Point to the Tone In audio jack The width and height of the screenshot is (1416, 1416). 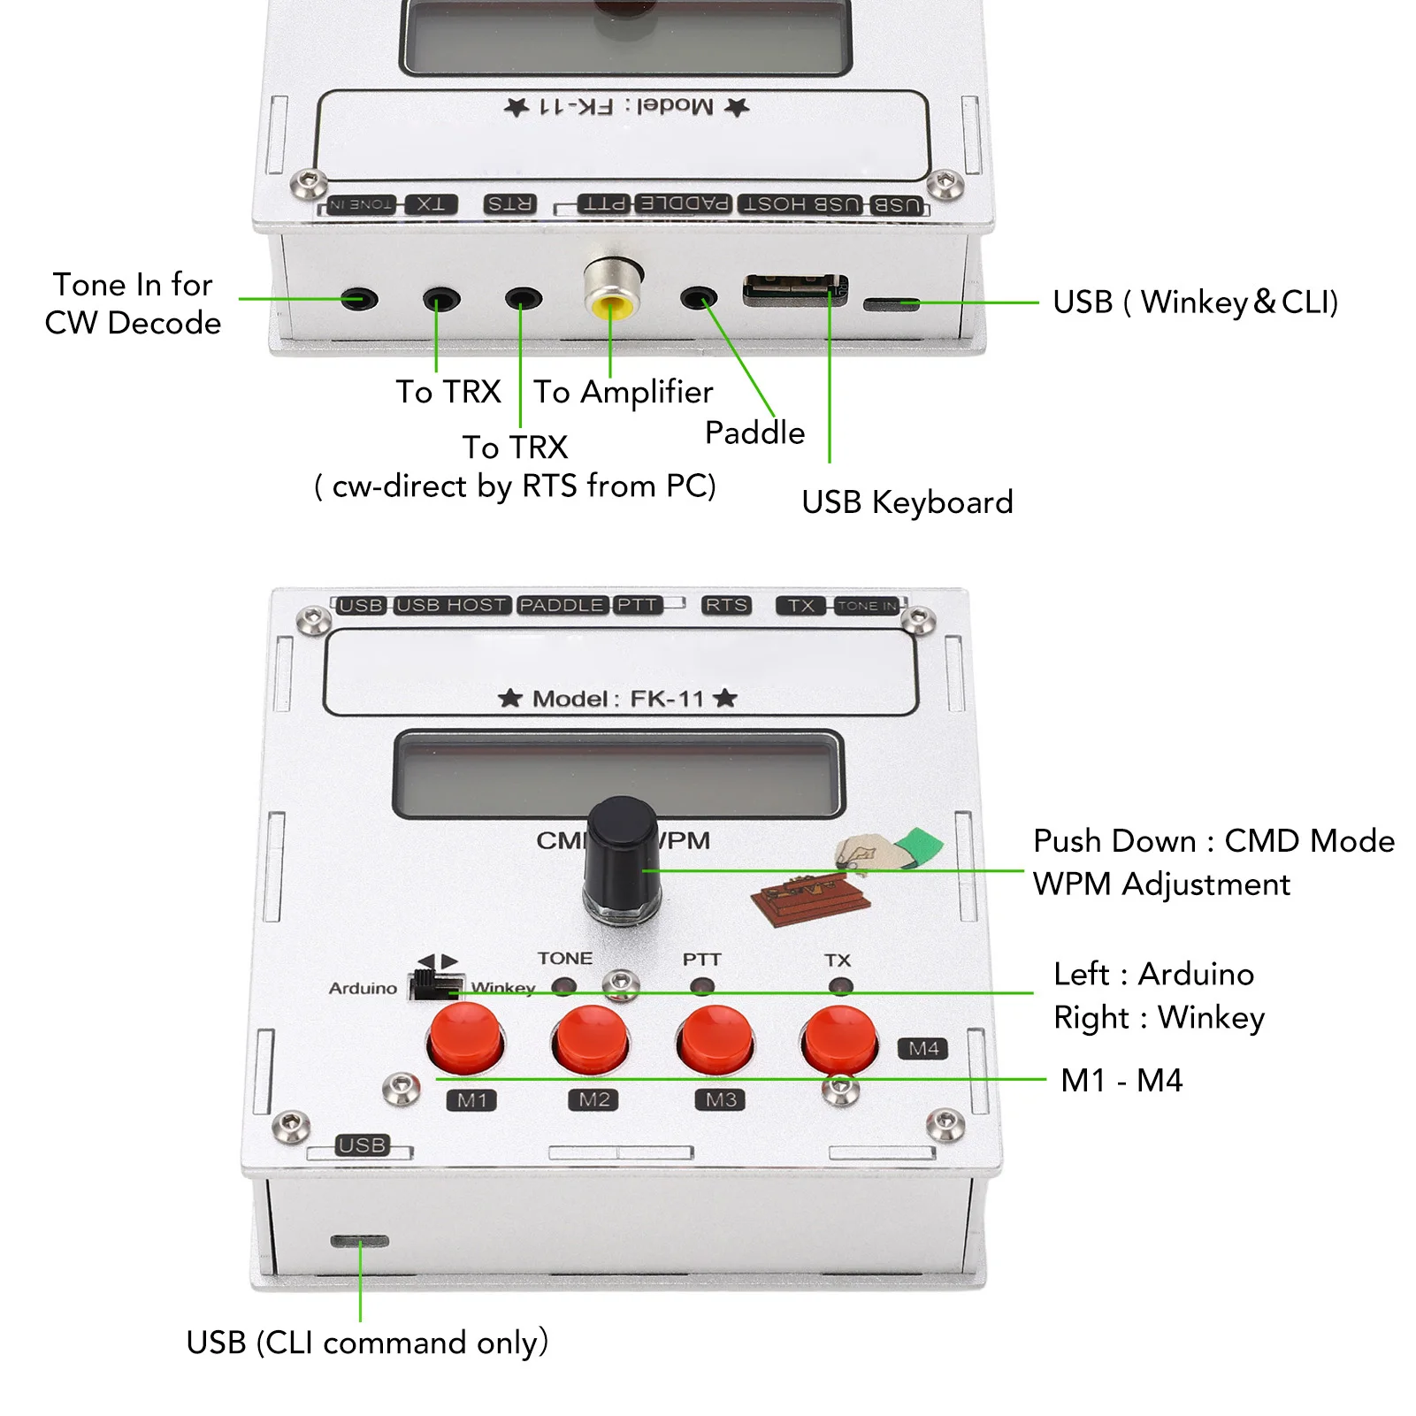[359, 299]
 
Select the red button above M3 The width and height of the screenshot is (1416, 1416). [715, 1039]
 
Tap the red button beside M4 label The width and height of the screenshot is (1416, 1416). [838, 1039]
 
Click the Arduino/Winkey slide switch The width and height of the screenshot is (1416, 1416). [435, 985]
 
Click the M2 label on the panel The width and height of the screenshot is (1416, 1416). [593, 1099]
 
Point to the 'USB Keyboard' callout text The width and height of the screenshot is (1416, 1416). [907, 502]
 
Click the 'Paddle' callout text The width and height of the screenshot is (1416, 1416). [754, 433]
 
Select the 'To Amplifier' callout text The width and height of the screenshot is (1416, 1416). [623, 392]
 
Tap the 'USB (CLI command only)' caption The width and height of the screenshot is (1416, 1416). [367, 1343]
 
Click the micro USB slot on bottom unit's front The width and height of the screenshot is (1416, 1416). [359, 1241]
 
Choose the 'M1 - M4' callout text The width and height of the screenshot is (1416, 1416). [1121, 1080]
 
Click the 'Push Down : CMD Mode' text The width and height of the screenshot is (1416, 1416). [1213, 841]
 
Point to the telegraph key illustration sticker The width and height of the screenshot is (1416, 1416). [809, 898]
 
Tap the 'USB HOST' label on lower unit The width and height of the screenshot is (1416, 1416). [452, 605]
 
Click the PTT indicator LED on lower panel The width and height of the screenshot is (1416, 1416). [702, 985]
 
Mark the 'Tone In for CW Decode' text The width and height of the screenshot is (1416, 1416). [133, 303]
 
